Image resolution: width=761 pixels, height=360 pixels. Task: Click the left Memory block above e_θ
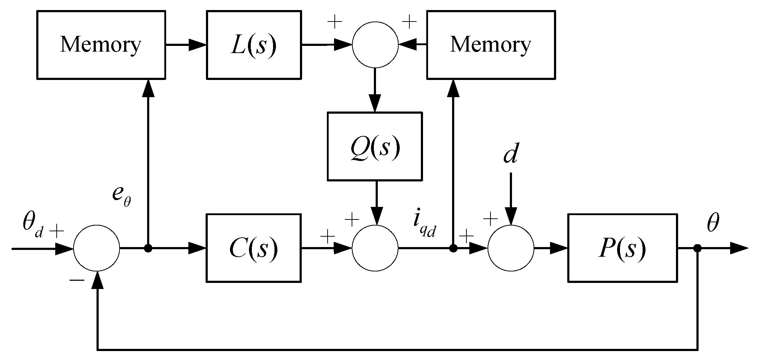101,45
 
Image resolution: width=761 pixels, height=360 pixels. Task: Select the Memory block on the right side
490,45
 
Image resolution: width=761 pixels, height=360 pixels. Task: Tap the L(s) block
253,45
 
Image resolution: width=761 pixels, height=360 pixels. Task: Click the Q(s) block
374,146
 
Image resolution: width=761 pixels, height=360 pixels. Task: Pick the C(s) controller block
253,248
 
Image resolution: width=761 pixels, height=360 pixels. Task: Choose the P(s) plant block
622,248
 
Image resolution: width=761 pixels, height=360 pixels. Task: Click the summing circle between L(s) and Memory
375,45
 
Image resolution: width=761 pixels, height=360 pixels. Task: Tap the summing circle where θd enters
97,248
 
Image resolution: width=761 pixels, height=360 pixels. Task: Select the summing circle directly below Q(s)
375,248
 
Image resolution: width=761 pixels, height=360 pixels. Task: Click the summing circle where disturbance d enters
511,248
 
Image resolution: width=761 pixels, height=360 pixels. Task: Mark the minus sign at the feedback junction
76,280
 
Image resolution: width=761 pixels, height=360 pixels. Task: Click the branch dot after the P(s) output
697,248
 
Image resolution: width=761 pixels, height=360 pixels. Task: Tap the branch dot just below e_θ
148,248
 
